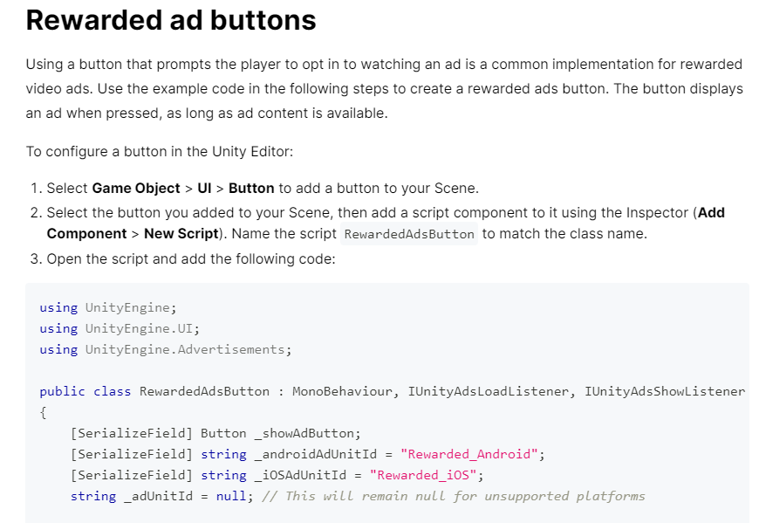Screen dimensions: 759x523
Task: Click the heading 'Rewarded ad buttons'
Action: [171, 20]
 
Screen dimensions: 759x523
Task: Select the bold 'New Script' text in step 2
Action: [180, 233]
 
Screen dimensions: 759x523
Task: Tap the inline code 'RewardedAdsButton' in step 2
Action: [409, 234]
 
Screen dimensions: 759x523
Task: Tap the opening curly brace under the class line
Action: [43, 412]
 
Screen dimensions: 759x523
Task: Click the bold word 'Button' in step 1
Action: [251, 188]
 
